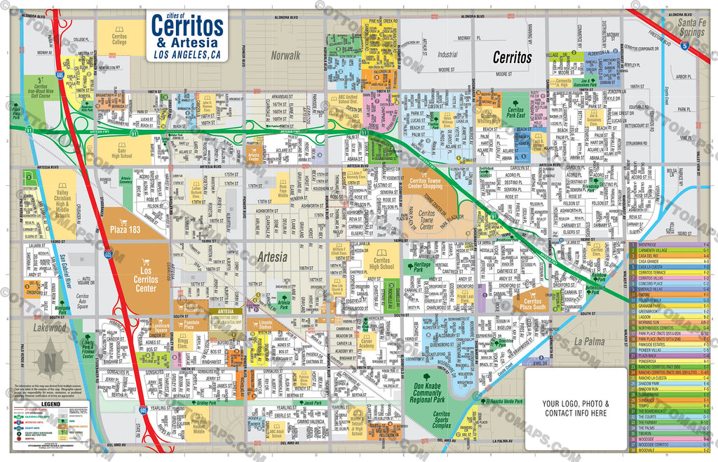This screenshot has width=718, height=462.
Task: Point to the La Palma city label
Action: [x=589, y=341]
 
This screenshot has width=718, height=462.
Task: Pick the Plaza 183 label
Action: [x=126, y=229]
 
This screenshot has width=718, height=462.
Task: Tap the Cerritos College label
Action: [x=119, y=39]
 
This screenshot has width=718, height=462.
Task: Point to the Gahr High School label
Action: [x=121, y=152]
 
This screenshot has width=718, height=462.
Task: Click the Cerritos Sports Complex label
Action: [x=442, y=420]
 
